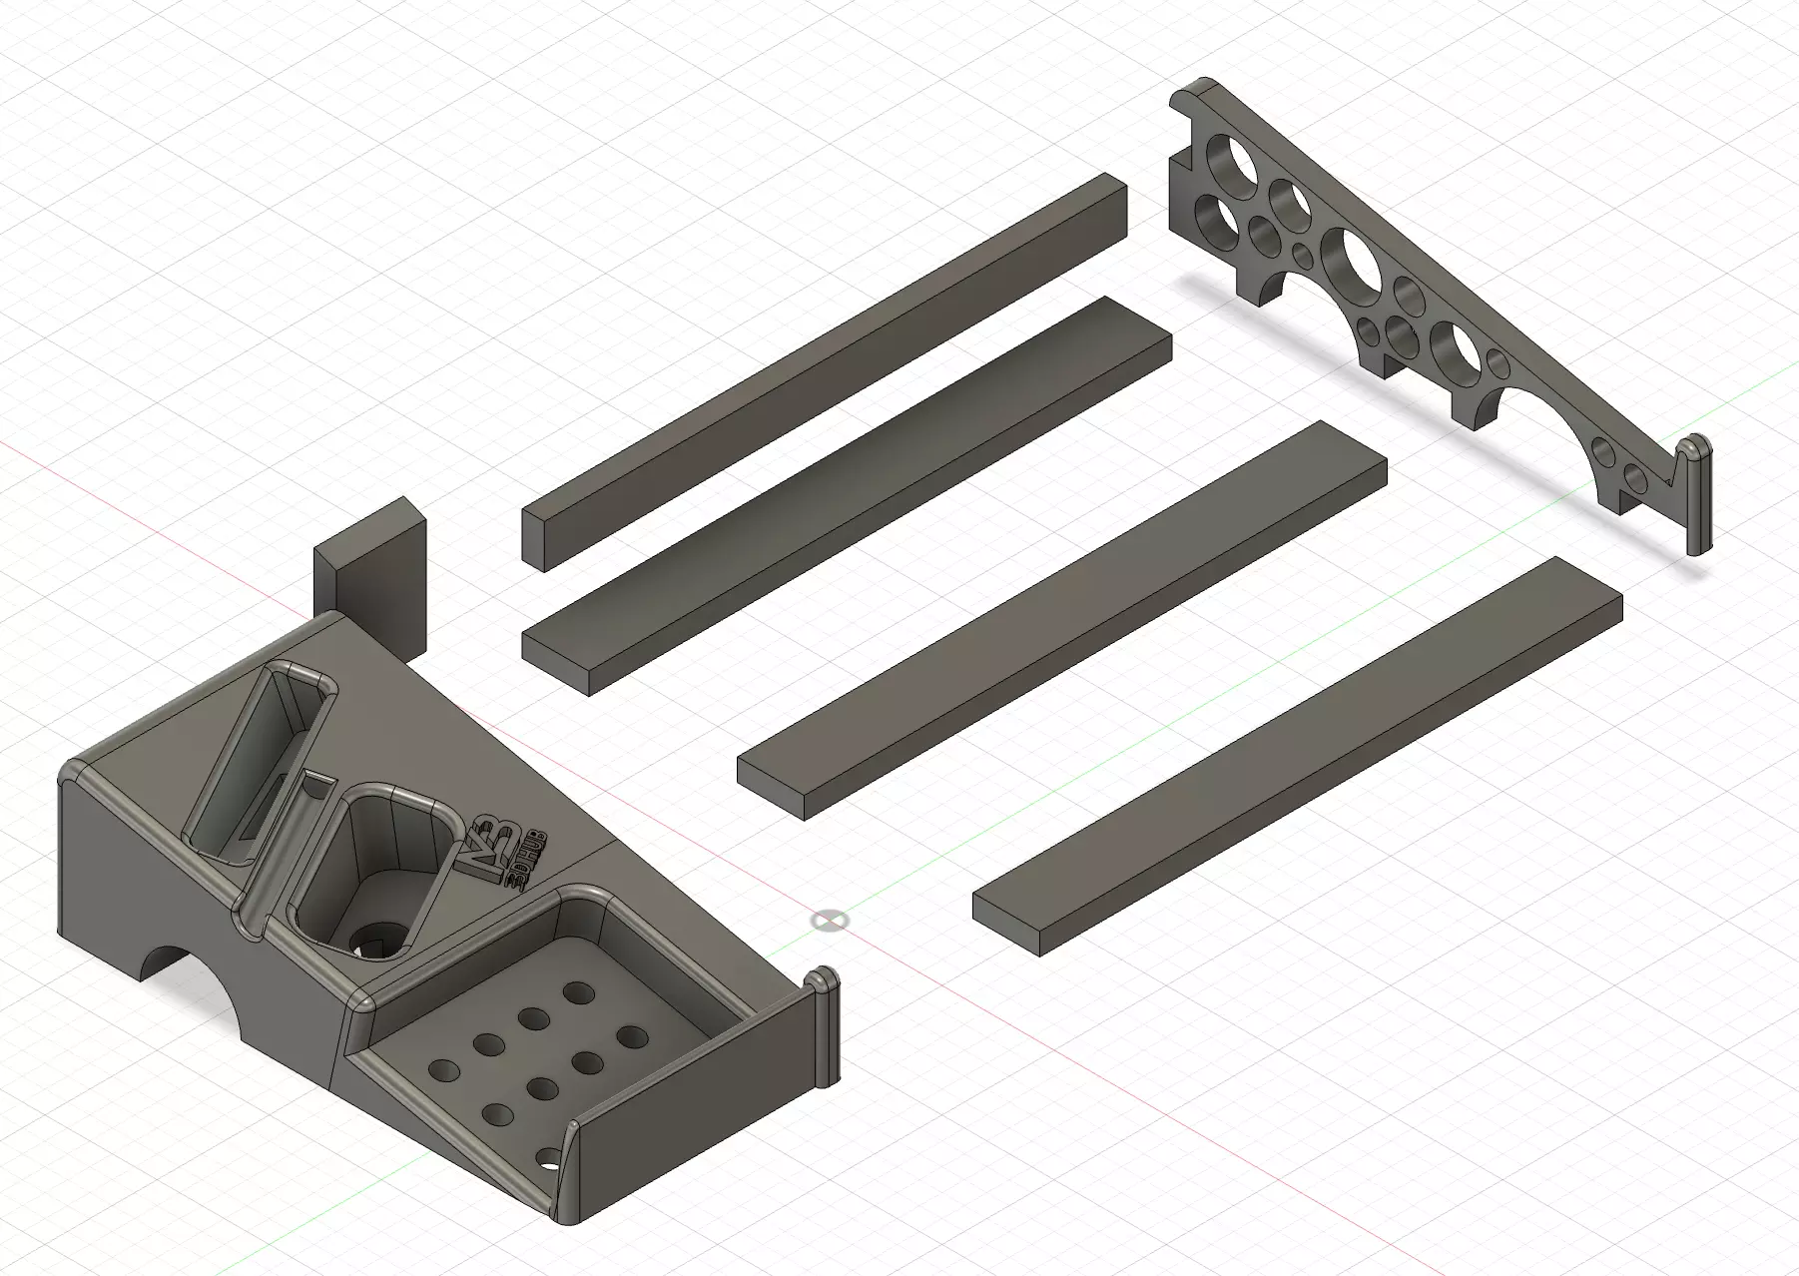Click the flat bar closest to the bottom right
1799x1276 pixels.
1298,759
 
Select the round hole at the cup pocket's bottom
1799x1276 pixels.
377,941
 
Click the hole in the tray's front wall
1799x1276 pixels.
548,1161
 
